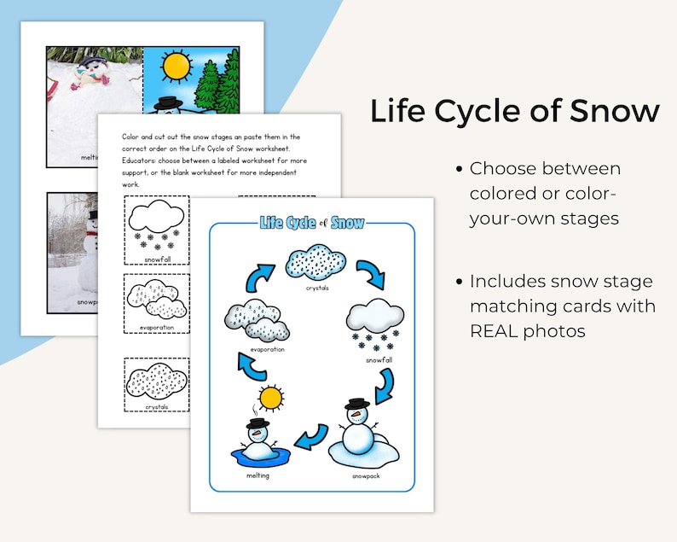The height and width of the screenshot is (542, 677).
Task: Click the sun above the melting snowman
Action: (272, 398)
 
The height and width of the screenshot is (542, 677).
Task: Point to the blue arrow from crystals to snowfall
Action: (371, 276)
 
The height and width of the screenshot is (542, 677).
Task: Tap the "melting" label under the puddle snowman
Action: (257, 475)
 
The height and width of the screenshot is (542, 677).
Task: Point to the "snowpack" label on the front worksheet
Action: (365, 475)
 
